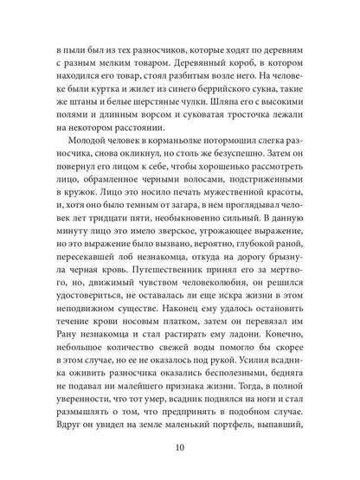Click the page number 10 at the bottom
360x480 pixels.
point(180,449)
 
